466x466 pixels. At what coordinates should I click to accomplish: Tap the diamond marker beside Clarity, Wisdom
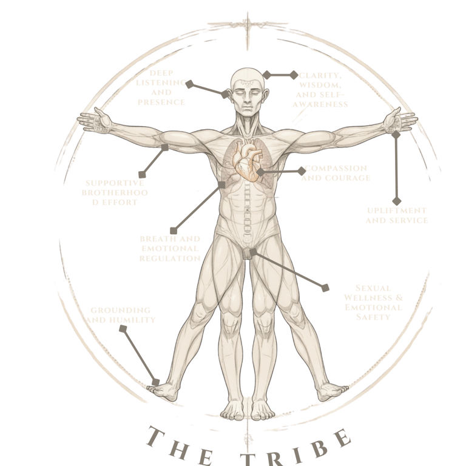(x=266, y=75)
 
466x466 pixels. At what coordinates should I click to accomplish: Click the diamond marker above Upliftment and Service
(x=397, y=200)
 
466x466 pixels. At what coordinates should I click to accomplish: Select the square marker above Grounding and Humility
(x=123, y=329)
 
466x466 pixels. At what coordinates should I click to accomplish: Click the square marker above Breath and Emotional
(x=174, y=230)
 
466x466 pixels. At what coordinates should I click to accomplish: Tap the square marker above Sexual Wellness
(x=326, y=287)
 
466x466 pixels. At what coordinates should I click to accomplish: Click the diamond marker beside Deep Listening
(x=189, y=84)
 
